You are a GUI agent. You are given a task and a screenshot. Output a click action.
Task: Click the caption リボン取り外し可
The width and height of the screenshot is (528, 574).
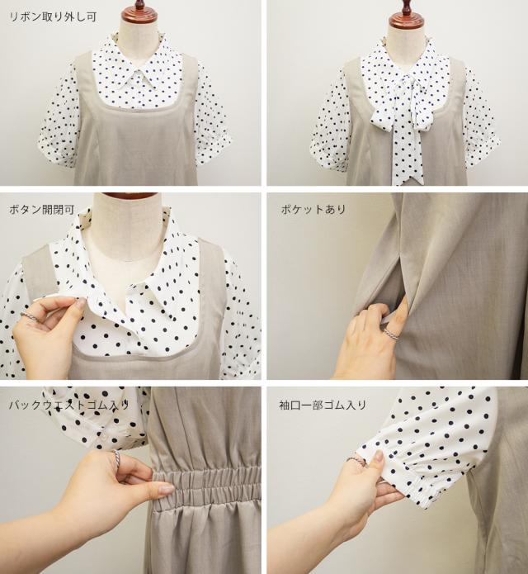tap(53, 17)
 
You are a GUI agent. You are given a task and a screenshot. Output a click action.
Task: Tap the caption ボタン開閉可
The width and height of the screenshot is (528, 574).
tap(42, 210)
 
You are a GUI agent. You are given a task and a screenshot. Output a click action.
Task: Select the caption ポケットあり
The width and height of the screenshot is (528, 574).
tap(313, 210)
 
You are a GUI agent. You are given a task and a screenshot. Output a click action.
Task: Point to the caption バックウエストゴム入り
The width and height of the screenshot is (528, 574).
tap(69, 405)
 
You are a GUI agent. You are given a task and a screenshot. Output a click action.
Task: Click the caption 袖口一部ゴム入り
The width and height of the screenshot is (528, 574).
tap(323, 405)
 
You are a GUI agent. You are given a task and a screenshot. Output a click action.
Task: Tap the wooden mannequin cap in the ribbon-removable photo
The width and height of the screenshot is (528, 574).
tap(141, 12)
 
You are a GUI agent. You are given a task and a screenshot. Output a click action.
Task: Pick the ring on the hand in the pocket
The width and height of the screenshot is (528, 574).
tap(390, 334)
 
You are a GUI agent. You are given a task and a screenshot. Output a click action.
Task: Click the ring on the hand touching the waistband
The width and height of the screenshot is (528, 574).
tap(116, 458)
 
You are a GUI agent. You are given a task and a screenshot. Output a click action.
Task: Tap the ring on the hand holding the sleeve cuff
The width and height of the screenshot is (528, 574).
tap(356, 461)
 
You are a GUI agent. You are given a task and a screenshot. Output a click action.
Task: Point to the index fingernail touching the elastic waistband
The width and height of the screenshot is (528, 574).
tap(167, 489)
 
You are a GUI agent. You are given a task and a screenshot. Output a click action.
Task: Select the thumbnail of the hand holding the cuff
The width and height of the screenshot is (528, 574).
tap(379, 456)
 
